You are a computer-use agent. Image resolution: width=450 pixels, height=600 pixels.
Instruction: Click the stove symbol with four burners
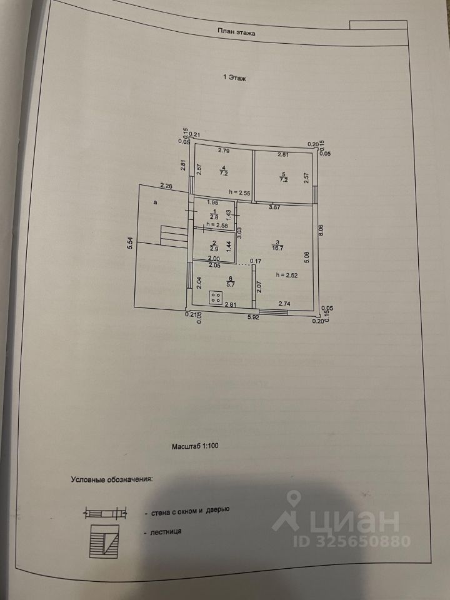point(216,297)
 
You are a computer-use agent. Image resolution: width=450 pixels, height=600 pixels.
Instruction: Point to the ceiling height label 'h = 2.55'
point(240,192)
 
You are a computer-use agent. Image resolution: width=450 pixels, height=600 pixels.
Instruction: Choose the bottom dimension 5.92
point(252,317)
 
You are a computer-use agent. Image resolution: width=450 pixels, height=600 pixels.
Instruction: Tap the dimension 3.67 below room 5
point(274,206)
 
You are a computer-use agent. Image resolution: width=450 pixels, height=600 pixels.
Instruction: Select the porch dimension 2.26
point(166,186)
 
